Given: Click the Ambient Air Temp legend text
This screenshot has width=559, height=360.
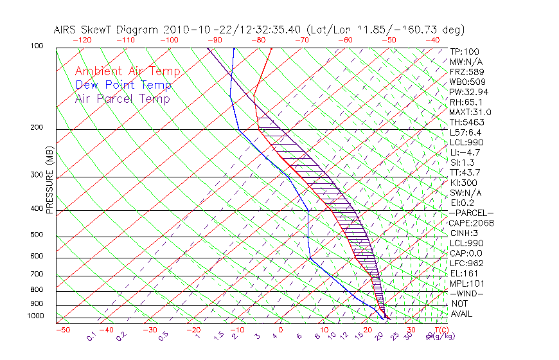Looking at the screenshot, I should (x=127, y=71).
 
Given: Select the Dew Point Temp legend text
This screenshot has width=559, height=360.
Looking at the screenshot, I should (x=123, y=85).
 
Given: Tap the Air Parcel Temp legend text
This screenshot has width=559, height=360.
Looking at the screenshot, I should (x=122, y=98).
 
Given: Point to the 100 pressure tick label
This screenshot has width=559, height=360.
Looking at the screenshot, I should (x=37, y=47).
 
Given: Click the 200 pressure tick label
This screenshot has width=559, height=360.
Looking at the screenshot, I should (x=37, y=128).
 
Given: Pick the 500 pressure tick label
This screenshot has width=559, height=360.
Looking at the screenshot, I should (x=37, y=235).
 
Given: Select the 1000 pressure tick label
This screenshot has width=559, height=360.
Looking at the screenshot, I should (x=36, y=316).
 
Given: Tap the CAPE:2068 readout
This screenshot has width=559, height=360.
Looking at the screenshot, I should (x=472, y=223).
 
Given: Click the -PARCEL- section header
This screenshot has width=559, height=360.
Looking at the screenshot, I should (x=472, y=213).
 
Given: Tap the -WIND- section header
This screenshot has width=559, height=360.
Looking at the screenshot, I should (x=467, y=293).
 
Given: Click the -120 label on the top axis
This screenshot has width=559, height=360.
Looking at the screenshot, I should (x=82, y=40).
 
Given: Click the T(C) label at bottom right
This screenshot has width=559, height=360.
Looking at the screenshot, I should (x=439, y=330).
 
